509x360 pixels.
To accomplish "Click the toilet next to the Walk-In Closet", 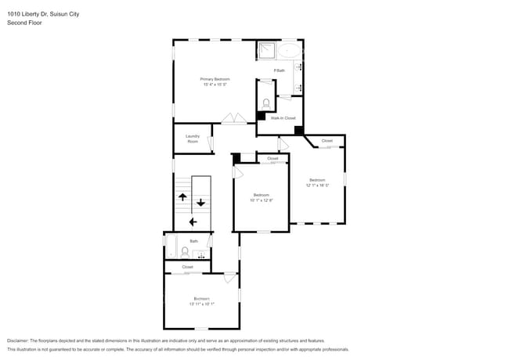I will click(x=266, y=103).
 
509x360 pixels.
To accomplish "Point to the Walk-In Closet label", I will click(x=283, y=118).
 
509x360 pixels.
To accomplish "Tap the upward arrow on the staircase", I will click(x=181, y=198).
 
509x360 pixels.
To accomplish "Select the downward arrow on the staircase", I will click(x=200, y=203).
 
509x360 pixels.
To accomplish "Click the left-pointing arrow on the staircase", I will click(x=192, y=222).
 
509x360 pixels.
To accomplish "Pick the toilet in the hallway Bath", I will click(x=185, y=252).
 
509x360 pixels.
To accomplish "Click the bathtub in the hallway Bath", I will click(x=170, y=247).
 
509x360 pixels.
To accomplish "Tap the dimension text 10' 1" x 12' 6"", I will click(x=261, y=200).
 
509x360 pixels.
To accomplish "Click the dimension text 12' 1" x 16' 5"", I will click(x=317, y=185).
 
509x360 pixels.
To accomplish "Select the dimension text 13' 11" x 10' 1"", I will click(x=201, y=304).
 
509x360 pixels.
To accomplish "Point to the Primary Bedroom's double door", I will click(x=233, y=120).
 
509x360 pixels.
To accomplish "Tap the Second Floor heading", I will click(x=24, y=23).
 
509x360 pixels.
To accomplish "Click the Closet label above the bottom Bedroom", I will click(x=187, y=267).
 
